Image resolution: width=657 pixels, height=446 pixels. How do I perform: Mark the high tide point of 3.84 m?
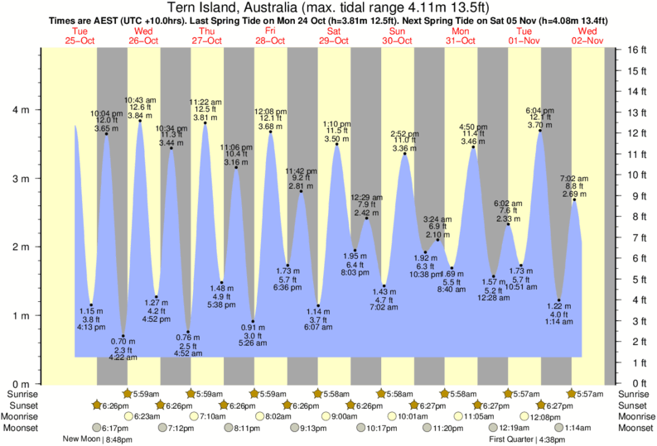[x=140, y=121]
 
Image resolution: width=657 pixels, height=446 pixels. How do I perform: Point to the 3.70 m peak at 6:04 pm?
[x=540, y=130]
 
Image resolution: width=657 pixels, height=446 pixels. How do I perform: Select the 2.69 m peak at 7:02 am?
[x=574, y=199]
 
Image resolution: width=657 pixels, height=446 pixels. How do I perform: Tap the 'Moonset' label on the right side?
[x=635, y=429]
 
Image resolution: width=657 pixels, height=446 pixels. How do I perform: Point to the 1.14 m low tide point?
[x=318, y=306]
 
